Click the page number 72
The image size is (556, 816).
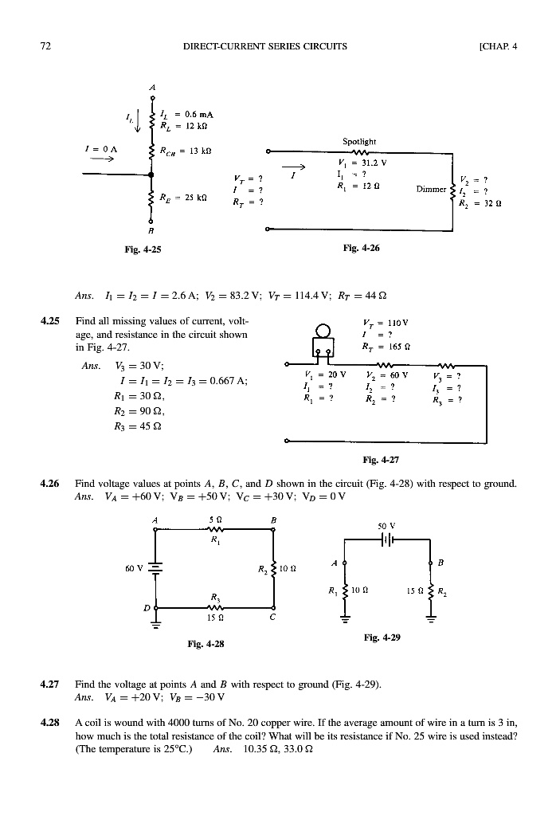pyautogui.click(x=45, y=46)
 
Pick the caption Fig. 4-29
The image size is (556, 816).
pyautogui.click(x=380, y=637)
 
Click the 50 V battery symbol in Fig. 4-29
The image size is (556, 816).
pyautogui.click(x=386, y=539)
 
